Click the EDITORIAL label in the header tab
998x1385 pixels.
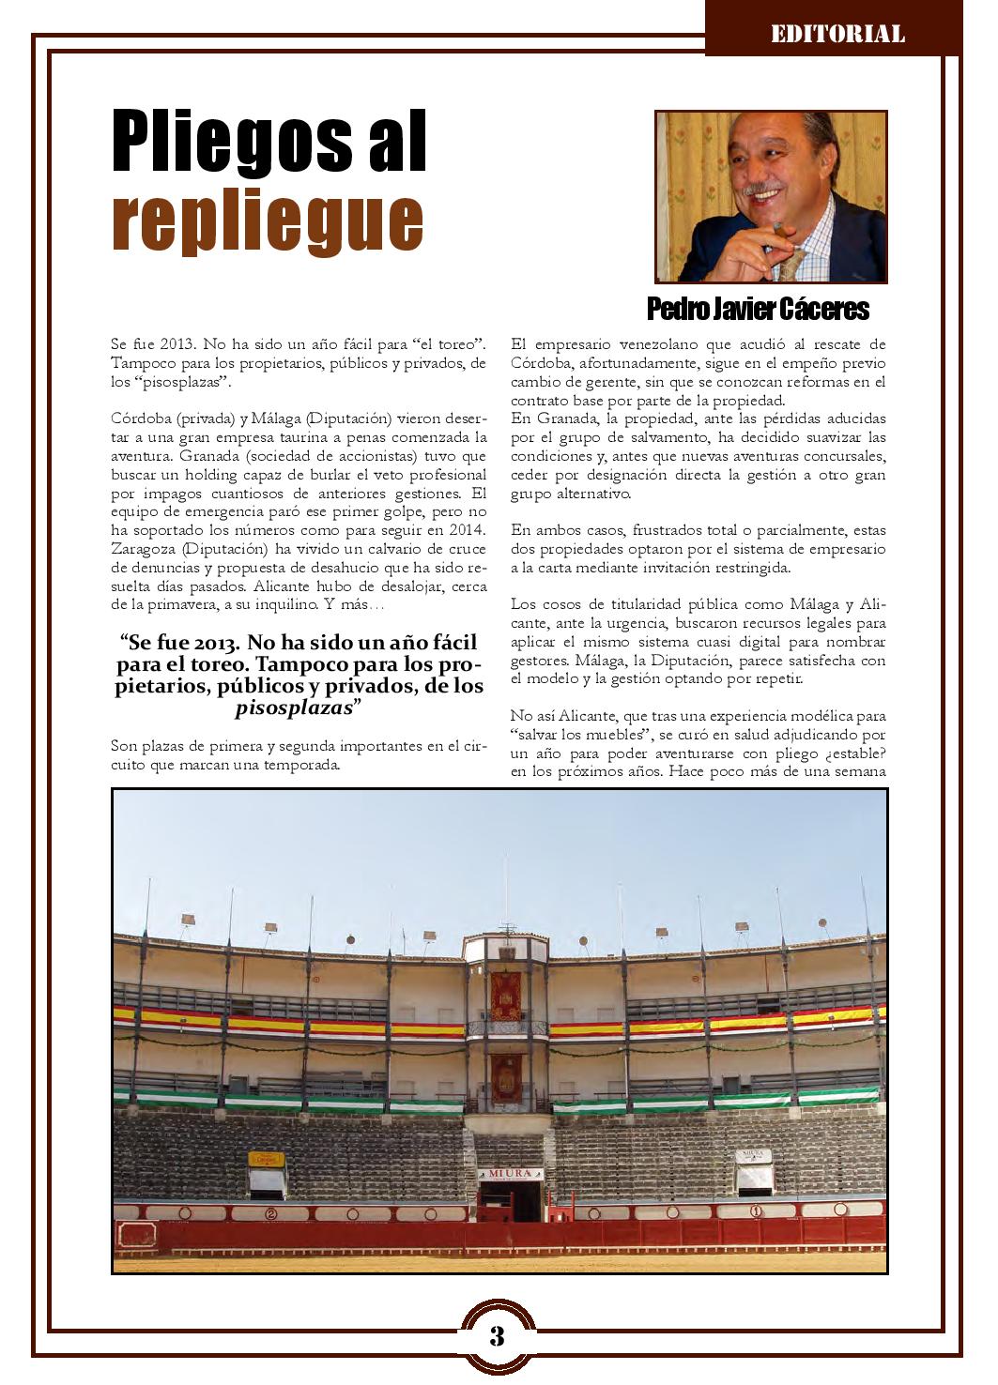tap(837, 35)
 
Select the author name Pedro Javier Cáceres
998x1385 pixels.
tap(758, 309)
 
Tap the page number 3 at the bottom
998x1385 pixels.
tap(498, 1336)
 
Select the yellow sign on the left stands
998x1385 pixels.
tap(266, 1159)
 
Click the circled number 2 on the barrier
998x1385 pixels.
tap(272, 1214)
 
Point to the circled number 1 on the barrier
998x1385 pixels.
tap(754, 1211)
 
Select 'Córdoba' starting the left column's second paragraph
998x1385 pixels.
tap(141, 419)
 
